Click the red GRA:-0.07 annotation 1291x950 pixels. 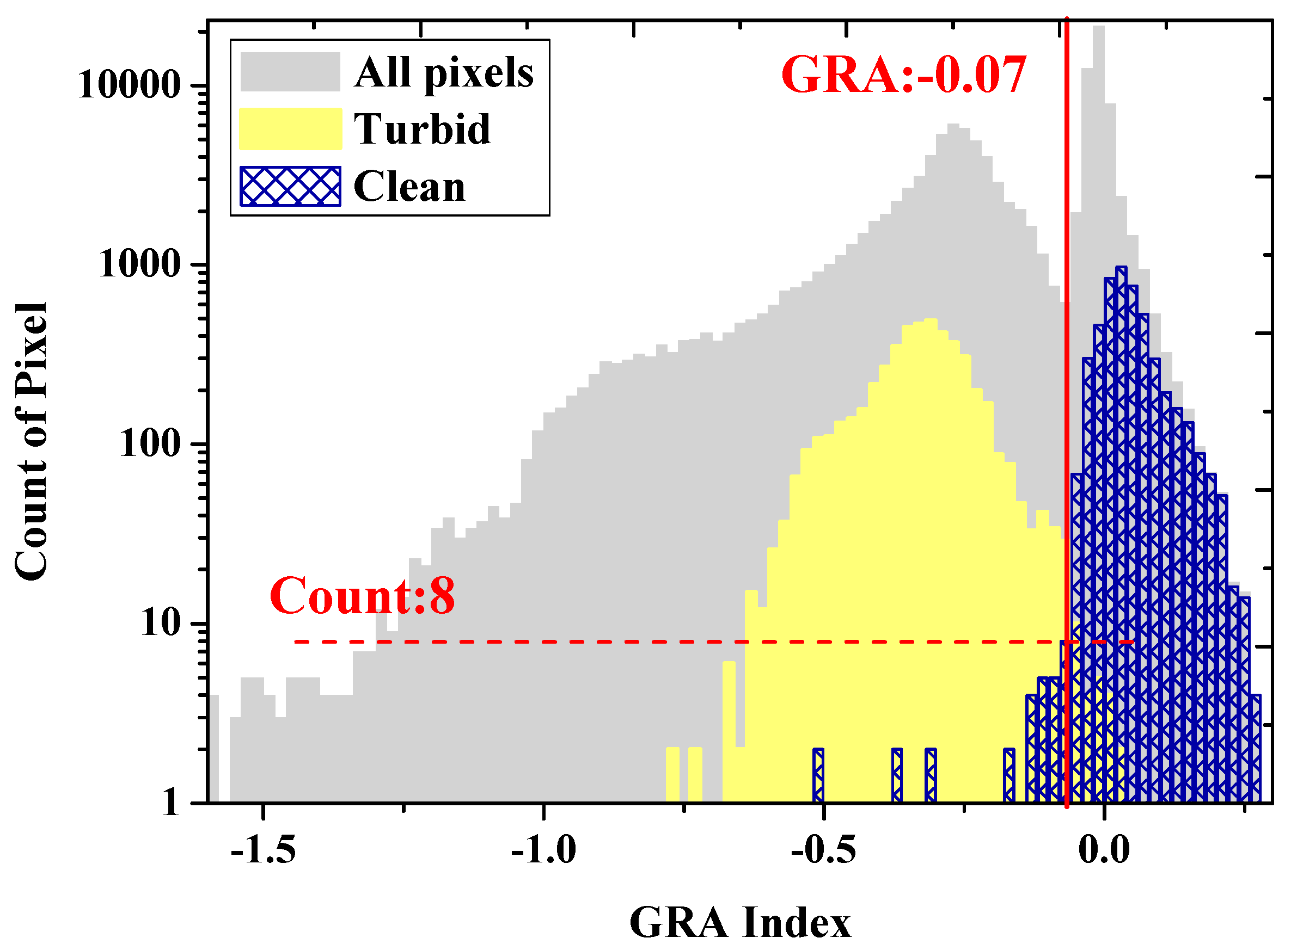[x=903, y=75]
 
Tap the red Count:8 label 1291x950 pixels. [x=362, y=596]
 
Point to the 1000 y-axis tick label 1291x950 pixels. [x=140, y=265]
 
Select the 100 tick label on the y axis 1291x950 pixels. [x=150, y=445]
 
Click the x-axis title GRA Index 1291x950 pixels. [x=740, y=923]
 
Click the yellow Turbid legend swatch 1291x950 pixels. [x=290, y=129]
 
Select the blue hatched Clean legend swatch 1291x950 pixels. [x=290, y=186]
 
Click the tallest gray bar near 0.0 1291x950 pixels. [x=1098, y=115]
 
